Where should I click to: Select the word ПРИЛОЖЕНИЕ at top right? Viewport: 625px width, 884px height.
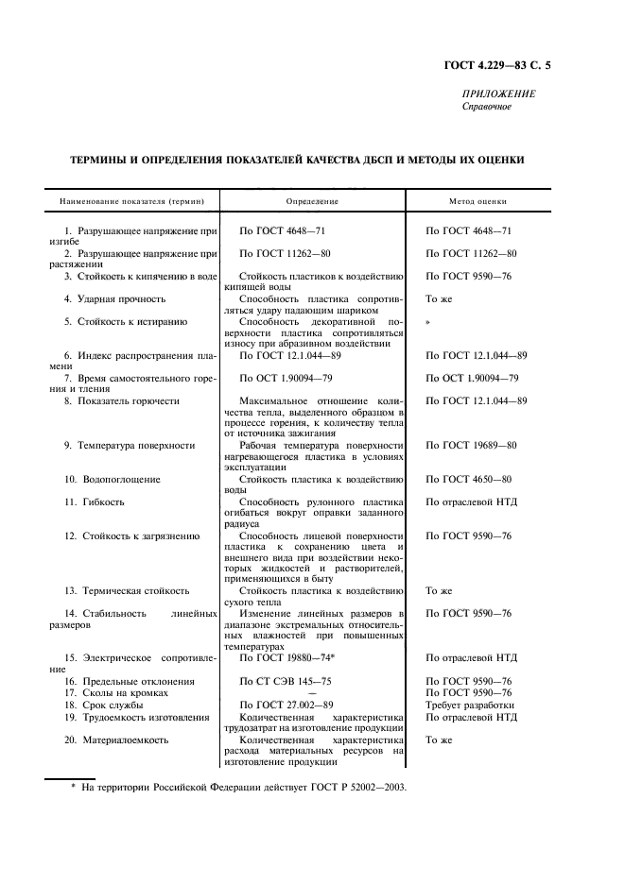tap(498, 94)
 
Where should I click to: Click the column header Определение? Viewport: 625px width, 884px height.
tap(312, 201)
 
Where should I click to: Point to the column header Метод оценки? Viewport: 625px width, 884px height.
tap(477, 201)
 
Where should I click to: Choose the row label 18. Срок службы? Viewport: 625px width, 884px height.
tap(103, 705)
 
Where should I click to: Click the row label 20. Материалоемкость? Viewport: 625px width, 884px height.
tap(115, 739)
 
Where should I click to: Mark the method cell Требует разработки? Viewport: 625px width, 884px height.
tap(470, 705)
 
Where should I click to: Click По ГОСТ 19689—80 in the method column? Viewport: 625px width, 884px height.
tap(471, 445)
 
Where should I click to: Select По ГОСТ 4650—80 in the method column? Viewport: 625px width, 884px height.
tap(468, 479)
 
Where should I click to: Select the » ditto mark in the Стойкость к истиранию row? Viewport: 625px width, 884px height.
tap(428, 322)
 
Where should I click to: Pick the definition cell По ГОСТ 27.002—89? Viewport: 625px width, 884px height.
tap(286, 705)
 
